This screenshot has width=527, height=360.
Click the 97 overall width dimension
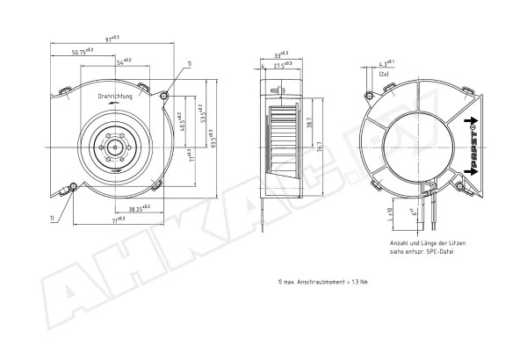coord(112,40)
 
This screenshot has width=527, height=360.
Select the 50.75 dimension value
coord(84,54)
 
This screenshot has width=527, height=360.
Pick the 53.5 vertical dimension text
coord(203,115)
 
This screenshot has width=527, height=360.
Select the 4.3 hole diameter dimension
coord(385,62)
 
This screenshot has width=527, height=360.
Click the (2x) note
coord(384,76)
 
